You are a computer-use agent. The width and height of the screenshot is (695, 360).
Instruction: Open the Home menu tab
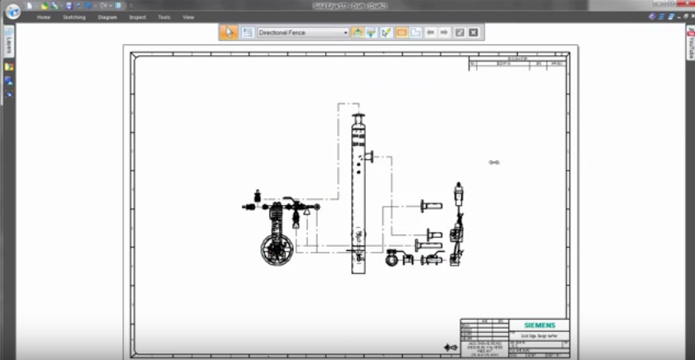coord(43,16)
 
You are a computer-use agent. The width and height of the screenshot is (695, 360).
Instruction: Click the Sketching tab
coord(75,16)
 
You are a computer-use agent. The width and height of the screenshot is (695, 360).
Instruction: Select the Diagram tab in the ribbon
coord(107,16)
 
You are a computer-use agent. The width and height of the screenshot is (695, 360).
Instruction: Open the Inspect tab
coord(137,16)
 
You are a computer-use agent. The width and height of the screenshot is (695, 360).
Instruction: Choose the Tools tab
coord(164,16)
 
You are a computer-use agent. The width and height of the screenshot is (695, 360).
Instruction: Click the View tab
coord(189,16)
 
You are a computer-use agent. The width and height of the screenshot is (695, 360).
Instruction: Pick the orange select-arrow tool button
coord(229,32)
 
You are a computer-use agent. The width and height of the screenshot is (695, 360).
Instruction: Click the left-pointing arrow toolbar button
coord(430,32)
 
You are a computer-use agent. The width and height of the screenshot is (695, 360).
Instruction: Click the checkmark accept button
coord(460,32)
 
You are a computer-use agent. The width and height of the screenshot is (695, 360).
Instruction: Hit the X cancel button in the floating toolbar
coord(473,32)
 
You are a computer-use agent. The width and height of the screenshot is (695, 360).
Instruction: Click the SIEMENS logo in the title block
coord(538,326)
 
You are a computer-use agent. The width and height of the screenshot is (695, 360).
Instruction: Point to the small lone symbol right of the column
coord(494,162)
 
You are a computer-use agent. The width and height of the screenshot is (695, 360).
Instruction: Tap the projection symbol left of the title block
coord(450,348)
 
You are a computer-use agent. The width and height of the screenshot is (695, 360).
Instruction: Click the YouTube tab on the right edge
coord(690,46)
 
